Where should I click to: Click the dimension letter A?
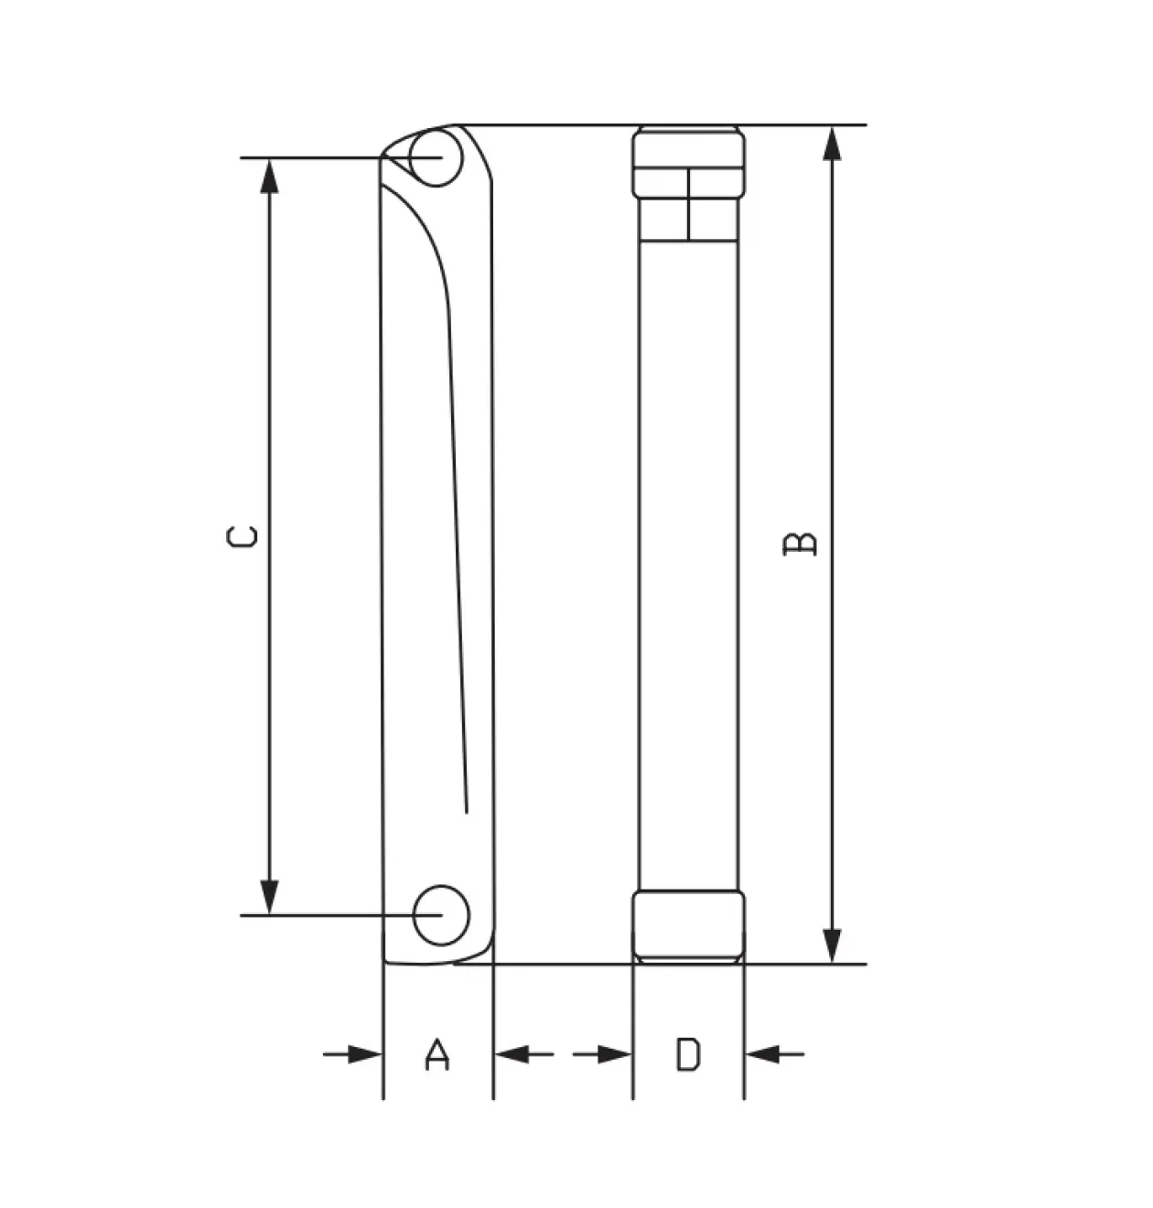point(437,1054)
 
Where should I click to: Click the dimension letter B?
point(800,544)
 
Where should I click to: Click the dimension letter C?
point(242,536)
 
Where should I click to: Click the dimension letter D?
point(688,1054)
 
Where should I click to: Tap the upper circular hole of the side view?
point(436,157)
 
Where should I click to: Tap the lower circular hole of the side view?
point(441,915)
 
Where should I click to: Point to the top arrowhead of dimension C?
point(269,177)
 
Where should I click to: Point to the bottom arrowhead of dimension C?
point(269,897)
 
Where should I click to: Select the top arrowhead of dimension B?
point(832,144)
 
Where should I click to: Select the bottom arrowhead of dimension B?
point(832,945)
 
